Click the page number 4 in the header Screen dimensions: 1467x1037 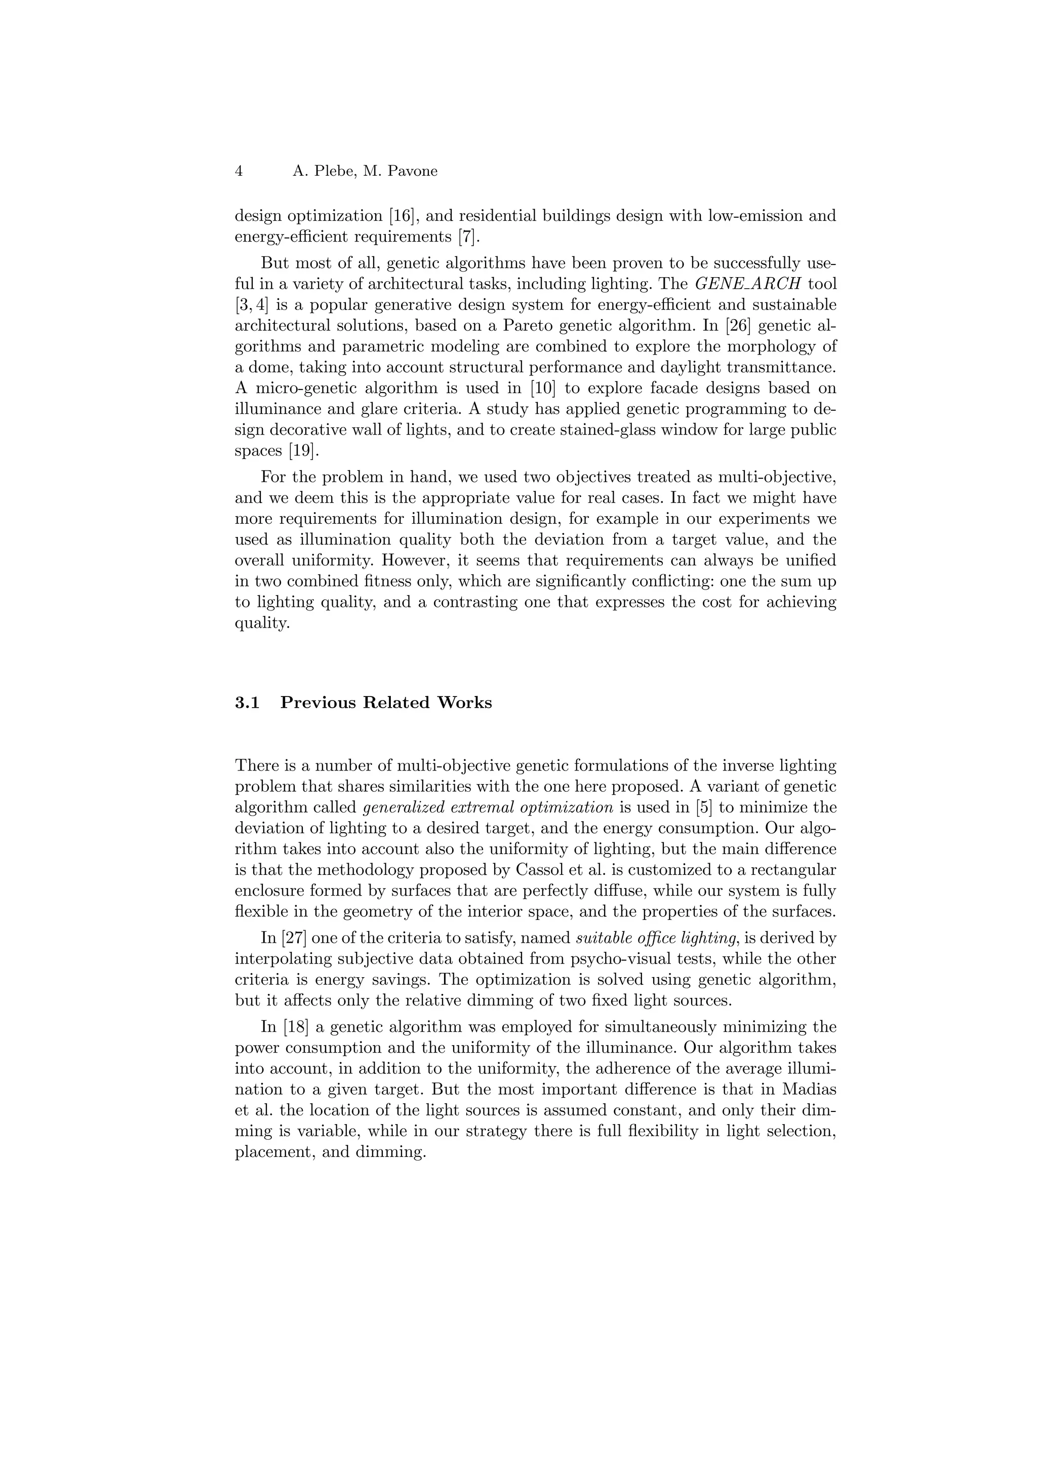click(239, 171)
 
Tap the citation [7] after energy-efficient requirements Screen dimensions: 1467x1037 click(468, 237)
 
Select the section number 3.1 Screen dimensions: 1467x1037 click(247, 703)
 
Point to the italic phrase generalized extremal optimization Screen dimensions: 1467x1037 click(488, 807)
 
